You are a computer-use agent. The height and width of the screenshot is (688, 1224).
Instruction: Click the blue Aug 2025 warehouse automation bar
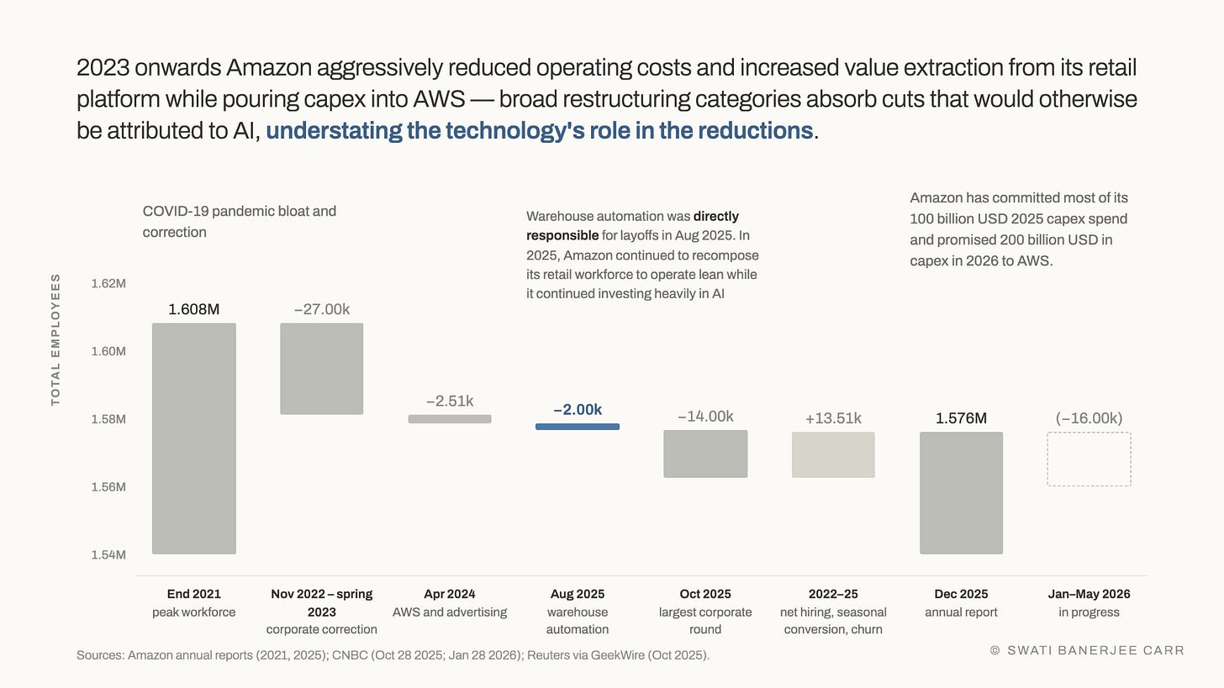(x=577, y=427)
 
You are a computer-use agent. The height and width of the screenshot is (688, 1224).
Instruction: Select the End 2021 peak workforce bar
(x=194, y=439)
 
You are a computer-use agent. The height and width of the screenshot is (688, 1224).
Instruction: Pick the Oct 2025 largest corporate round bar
(x=705, y=454)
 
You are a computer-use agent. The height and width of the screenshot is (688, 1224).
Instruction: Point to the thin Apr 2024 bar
(x=450, y=419)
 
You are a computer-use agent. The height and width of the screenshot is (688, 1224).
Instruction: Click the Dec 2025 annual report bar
(x=961, y=493)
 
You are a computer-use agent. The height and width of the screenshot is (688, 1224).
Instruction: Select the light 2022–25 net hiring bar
(x=833, y=454)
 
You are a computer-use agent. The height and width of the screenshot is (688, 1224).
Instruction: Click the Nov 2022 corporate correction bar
(x=321, y=369)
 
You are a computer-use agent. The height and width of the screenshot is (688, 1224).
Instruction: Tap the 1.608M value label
(x=194, y=309)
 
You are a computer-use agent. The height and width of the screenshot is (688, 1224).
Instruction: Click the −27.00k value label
(x=322, y=309)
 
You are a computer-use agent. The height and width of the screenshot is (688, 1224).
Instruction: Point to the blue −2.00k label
(x=578, y=410)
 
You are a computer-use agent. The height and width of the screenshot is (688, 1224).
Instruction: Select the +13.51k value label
(x=833, y=418)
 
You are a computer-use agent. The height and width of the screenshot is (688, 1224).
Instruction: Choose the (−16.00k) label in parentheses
(x=1089, y=418)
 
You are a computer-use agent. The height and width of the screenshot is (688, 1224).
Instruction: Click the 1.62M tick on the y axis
(x=108, y=283)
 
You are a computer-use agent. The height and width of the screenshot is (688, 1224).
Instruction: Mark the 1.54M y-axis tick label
(x=108, y=554)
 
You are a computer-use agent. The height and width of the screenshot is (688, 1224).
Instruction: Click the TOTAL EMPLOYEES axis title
(x=55, y=339)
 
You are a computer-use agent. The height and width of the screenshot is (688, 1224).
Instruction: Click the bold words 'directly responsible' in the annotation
(x=632, y=225)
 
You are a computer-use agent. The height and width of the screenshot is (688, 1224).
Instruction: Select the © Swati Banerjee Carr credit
(x=1087, y=650)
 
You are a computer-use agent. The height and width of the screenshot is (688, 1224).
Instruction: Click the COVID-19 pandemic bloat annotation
(x=240, y=222)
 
